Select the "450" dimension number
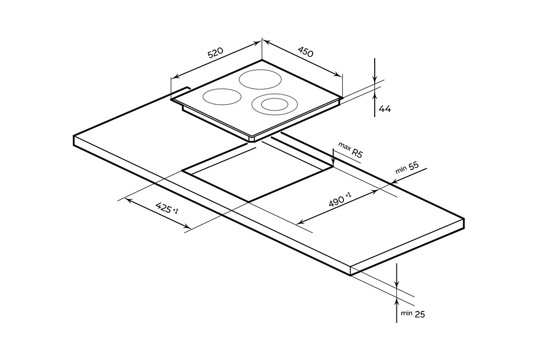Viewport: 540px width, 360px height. pyautogui.click(x=306, y=52)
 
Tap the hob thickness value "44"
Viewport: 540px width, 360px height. pyautogui.click(x=384, y=109)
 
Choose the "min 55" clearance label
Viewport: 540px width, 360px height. pyautogui.click(x=407, y=167)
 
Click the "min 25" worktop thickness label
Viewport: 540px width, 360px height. pyautogui.click(x=413, y=314)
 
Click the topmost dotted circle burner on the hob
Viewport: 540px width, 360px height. pyautogui.click(x=261, y=79)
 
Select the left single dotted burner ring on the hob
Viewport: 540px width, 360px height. pyautogui.click(x=221, y=97)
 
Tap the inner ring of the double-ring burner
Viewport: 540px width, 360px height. pyautogui.click(x=274, y=104)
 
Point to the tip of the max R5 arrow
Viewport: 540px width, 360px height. pyautogui.click(x=333, y=166)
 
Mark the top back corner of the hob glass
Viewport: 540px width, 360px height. pyautogui.click(x=262, y=60)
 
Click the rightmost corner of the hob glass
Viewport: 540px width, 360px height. pyautogui.click(x=343, y=97)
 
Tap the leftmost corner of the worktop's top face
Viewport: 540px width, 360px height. pyautogui.click(x=73, y=135)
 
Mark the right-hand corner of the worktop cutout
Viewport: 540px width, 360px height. pyautogui.click(x=333, y=167)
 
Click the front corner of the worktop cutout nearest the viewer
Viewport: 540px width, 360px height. pyautogui.click(x=248, y=202)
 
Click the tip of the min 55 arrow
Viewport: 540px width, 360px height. pyautogui.click(x=391, y=183)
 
